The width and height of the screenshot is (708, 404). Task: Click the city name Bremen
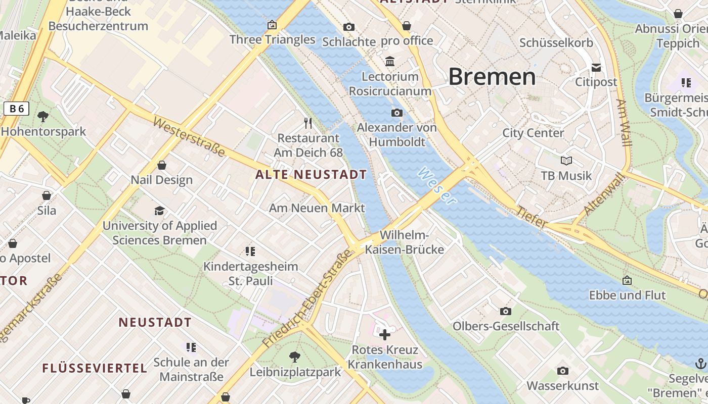tap(492, 77)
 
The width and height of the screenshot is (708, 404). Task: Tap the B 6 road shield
tap(16, 109)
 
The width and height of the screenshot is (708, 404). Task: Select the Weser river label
tap(436, 186)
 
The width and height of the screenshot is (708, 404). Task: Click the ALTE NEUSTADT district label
tap(311, 175)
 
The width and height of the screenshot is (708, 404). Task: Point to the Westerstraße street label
tap(189, 137)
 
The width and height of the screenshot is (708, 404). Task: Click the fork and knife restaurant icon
tap(308, 123)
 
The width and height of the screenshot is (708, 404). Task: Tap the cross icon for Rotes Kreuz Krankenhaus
tap(385, 334)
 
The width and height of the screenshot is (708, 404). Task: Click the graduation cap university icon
tap(160, 211)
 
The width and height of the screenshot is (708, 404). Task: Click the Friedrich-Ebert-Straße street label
tap(307, 298)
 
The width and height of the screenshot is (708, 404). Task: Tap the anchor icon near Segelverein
tap(700, 363)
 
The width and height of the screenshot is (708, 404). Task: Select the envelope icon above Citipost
tap(596, 68)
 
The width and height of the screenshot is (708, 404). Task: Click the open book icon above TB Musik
tap(566, 161)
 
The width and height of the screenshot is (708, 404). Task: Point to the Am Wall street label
tap(624, 123)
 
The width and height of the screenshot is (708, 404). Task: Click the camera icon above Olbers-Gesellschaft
tap(505, 311)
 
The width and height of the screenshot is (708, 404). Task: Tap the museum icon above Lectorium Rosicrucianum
tap(390, 62)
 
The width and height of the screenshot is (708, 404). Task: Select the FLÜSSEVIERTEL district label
tap(95, 368)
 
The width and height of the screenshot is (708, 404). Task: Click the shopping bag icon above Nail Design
tap(162, 165)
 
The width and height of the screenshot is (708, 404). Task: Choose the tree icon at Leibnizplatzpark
tap(295, 357)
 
